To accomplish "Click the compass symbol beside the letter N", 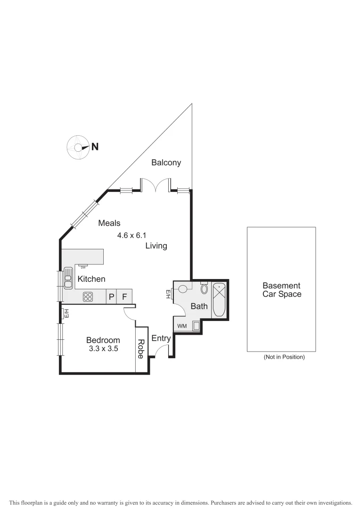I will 77,147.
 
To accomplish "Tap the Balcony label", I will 166,163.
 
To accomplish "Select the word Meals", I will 109,223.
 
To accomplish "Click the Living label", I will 156,246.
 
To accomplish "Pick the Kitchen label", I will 91,279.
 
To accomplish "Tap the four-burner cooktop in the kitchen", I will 88,296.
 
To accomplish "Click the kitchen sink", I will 68,277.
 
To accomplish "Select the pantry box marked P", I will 112,296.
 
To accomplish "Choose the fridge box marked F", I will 125,296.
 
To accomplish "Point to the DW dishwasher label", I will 83,267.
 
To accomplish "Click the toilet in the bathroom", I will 205,288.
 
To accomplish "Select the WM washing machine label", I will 181,326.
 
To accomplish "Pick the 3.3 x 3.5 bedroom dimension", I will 103,349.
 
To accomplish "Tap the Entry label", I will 161,338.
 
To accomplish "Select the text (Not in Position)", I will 284,357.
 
